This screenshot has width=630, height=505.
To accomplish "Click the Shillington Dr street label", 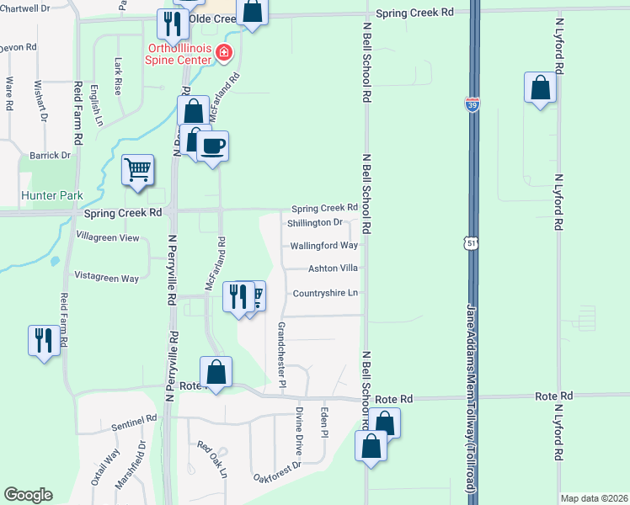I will pos(314,222).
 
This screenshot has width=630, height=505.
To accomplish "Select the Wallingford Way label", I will pos(324,246).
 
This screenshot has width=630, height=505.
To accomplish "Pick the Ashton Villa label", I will pos(325,268).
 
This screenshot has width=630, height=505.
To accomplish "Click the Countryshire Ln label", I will pos(325,293).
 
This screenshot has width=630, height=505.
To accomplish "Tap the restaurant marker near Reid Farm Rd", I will pos(43,340).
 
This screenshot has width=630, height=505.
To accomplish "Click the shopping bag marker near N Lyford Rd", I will pos(539,88).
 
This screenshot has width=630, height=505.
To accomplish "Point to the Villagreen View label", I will pos(108,237).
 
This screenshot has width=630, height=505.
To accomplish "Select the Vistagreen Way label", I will pos(107,277).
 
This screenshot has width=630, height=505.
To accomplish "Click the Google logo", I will pos(27,495).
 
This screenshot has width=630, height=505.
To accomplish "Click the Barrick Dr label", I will pos(51,155).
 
